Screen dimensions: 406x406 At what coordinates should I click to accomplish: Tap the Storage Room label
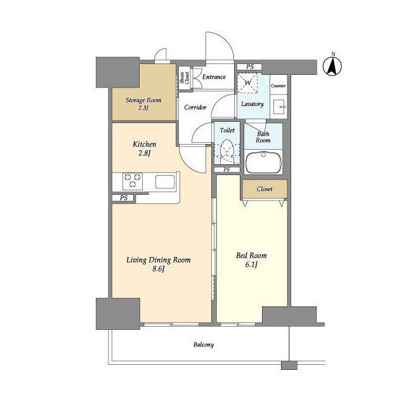(143, 100)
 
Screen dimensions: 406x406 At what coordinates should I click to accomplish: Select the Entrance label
(214, 77)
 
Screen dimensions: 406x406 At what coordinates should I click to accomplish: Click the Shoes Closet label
(185, 77)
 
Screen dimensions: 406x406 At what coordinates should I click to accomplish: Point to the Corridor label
(195, 107)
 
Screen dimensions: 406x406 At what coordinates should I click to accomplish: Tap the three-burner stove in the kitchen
(133, 180)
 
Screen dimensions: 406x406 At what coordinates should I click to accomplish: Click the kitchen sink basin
(165, 182)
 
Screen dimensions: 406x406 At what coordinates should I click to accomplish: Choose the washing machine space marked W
(248, 83)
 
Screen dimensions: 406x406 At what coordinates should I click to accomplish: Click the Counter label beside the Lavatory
(278, 86)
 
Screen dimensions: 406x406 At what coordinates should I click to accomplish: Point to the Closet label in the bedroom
(265, 189)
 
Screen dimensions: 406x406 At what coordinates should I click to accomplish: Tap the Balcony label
(204, 344)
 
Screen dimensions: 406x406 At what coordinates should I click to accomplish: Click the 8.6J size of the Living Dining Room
(159, 269)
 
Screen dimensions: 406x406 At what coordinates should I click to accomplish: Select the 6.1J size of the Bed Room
(251, 265)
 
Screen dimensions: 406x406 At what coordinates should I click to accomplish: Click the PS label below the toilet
(226, 170)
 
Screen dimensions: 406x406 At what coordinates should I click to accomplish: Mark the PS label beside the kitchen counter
(124, 198)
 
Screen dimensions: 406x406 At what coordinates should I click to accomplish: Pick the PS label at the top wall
(250, 67)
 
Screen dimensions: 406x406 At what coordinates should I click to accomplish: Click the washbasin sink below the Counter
(279, 107)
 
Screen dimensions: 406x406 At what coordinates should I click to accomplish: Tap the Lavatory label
(252, 104)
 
